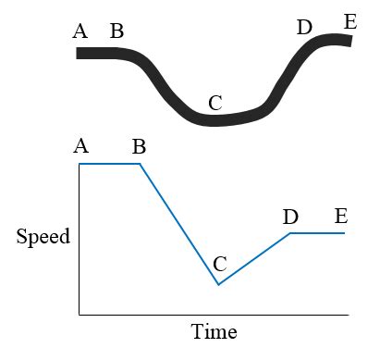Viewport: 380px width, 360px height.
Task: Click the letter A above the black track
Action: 80,31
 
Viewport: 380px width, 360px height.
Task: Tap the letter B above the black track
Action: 116,31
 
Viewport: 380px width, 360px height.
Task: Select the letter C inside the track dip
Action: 215,103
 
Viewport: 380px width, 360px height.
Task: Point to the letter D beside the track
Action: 304,27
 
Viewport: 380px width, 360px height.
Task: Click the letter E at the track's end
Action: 349,20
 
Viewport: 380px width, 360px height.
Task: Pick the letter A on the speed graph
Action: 80,145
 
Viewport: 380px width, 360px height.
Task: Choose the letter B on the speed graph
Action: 139,146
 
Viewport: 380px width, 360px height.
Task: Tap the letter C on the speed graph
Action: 219,264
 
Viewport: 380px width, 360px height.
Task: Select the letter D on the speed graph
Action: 290,217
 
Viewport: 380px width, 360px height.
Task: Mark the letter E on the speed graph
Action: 340,217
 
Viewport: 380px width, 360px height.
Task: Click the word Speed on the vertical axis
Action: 43,237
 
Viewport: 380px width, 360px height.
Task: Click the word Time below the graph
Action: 214,331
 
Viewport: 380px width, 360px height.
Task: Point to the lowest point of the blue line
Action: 218,284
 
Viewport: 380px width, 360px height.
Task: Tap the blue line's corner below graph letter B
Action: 140,164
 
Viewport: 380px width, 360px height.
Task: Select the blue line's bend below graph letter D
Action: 290,233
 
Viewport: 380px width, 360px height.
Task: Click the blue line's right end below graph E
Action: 344,233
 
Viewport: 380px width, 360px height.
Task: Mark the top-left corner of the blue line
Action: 80,164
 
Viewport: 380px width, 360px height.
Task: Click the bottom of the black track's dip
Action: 215,120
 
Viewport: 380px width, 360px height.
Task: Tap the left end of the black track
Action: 79,53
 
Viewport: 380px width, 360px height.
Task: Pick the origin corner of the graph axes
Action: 80,316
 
